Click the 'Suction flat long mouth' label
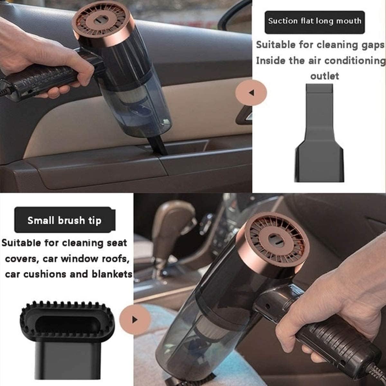point(315,22)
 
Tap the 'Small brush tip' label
point(64,220)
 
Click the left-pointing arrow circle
point(251,93)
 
